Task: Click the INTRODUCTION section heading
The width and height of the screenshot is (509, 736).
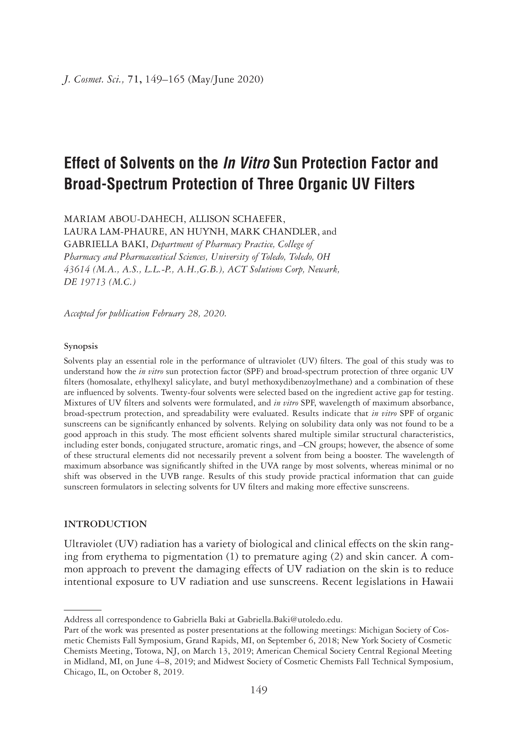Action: coord(105,524)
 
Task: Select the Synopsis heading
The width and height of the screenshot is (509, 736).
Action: coord(81,346)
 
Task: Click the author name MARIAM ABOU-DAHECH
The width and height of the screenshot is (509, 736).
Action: coord(123,219)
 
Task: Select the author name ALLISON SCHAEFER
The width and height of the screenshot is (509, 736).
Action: coord(237,219)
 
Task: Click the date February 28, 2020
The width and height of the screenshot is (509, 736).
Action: coord(189,313)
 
